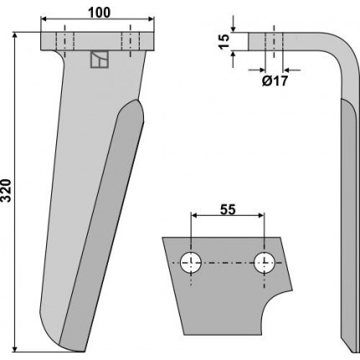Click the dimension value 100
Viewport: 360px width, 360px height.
pyautogui.click(x=100, y=13)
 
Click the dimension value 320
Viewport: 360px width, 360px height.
pyautogui.click(x=6, y=191)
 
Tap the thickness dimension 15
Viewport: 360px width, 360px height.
pyautogui.click(x=224, y=41)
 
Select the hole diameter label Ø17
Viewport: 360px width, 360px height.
pyautogui.click(x=275, y=81)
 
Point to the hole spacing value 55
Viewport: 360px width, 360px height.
pyautogui.click(x=228, y=209)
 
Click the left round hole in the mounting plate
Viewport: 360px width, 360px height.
pyautogui.click(x=191, y=263)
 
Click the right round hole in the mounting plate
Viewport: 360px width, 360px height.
pyautogui.click(x=265, y=263)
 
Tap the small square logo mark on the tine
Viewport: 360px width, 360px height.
pyautogui.click(x=100, y=59)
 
